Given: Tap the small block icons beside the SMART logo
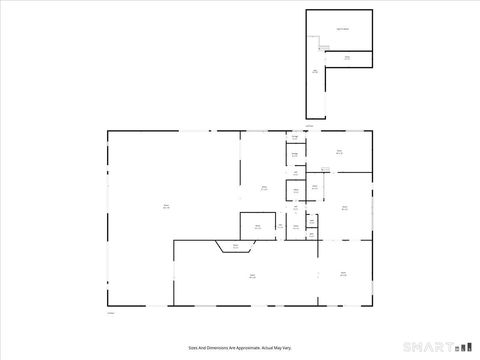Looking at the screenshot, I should tap(461, 347).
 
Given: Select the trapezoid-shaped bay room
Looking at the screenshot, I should tap(236, 246).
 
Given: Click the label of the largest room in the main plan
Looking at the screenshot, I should tap(166, 207).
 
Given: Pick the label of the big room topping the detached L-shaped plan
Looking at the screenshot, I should tap(342, 29).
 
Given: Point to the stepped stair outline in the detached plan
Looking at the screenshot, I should tap(322, 46).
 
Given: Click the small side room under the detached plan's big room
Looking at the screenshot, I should tap(348, 59).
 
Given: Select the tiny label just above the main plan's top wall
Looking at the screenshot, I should tap(309, 126).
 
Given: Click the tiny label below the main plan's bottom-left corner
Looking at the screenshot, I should tap(111, 313).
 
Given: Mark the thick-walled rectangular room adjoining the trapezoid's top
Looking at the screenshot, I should tap(257, 227).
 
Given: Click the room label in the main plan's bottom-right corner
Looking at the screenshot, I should tap(343, 273).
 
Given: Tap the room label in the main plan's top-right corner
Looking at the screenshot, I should tap(340, 152).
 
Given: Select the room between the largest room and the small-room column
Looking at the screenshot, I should tap(264, 187).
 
